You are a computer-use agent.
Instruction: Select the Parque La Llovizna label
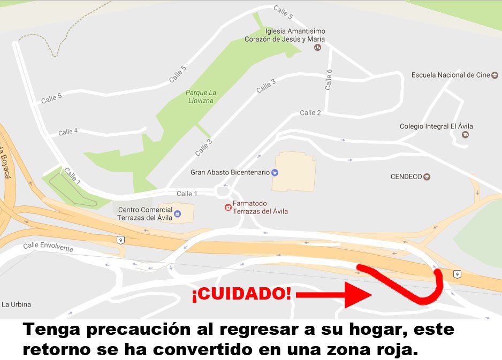coord(200,96)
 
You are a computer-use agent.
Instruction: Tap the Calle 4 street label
coord(68,132)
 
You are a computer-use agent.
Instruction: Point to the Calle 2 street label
coord(310,113)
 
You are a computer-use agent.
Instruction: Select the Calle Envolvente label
coord(48,248)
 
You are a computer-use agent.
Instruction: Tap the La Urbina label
coord(16,304)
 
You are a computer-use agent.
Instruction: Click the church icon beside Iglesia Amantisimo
coord(317,48)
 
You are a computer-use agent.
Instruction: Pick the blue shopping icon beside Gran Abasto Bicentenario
coord(275,172)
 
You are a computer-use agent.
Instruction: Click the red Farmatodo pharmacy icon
coord(228,207)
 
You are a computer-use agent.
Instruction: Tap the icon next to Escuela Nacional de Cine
coord(495,75)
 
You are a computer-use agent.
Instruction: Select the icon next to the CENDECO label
coord(427,177)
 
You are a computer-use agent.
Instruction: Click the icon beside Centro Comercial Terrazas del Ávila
coord(177,214)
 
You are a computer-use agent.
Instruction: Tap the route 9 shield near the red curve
coord(457,274)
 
